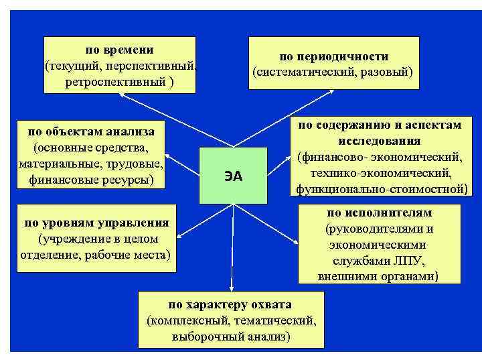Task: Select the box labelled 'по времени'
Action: point(119,65)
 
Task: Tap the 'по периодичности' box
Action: point(333,63)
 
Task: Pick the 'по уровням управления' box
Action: point(96,238)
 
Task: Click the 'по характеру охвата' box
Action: point(230,320)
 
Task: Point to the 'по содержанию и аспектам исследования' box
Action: point(380,157)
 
